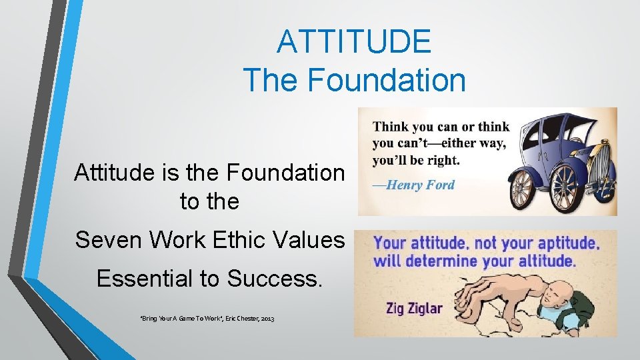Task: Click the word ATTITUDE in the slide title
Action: coord(354,41)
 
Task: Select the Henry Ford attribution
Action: coord(413,185)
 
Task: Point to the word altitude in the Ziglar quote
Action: coord(538,261)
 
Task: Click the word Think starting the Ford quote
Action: coord(393,127)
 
